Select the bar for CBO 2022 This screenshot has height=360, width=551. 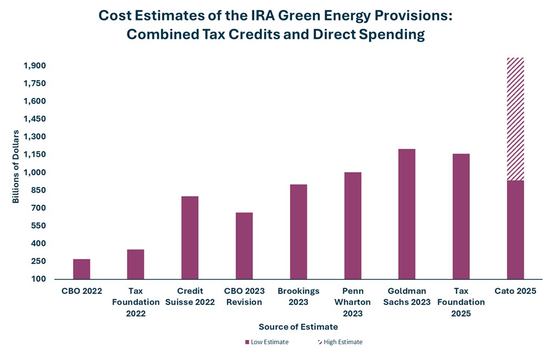(x=81, y=269)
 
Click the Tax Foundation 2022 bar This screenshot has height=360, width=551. (x=136, y=264)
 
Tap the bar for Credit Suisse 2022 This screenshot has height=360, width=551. (x=190, y=238)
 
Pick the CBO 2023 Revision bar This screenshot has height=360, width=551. (x=244, y=245)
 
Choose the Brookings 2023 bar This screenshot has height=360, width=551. (x=299, y=231)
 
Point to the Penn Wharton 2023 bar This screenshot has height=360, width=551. (x=353, y=225)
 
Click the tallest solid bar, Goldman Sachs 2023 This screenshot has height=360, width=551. (x=407, y=214)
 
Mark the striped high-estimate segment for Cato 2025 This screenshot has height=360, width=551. (x=515, y=119)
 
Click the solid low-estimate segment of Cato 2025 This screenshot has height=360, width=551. (x=515, y=229)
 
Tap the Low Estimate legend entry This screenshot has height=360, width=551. (x=266, y=342)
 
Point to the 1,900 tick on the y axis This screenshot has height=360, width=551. (x=34, y=66)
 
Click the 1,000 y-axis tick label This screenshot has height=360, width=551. (x=34, y=172)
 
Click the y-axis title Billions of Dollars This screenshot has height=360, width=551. (x=16, y=167)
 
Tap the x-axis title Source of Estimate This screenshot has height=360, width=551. (x=298, y=327)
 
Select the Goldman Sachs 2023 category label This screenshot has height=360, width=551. (x=407, y=296)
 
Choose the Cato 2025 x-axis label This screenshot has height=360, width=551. (x=515, y=291)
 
